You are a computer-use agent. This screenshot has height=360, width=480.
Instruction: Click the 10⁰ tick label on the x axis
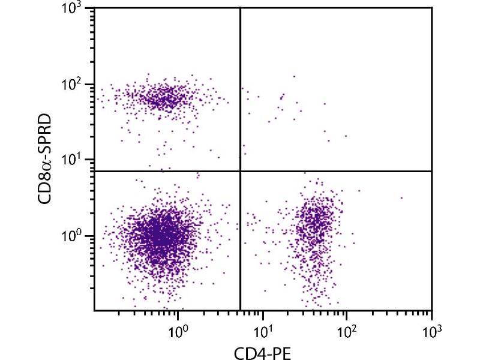pos(178,329)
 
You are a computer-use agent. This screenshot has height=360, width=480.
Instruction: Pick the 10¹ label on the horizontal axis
pos(262,329)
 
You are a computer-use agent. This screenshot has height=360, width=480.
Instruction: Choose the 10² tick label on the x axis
pos(347,329)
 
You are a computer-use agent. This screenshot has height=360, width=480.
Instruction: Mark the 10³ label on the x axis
pos(431,329)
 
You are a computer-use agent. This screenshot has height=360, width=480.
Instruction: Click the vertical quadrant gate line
pos(241,90)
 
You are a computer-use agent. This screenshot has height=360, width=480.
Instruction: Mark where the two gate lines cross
pos(241,171)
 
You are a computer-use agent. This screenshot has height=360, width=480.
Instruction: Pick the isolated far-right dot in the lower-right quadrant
pos(401,198)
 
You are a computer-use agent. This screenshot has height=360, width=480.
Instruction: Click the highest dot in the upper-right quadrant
pos(294,76)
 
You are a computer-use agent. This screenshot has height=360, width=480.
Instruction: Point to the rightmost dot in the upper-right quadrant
pos(346,136)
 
